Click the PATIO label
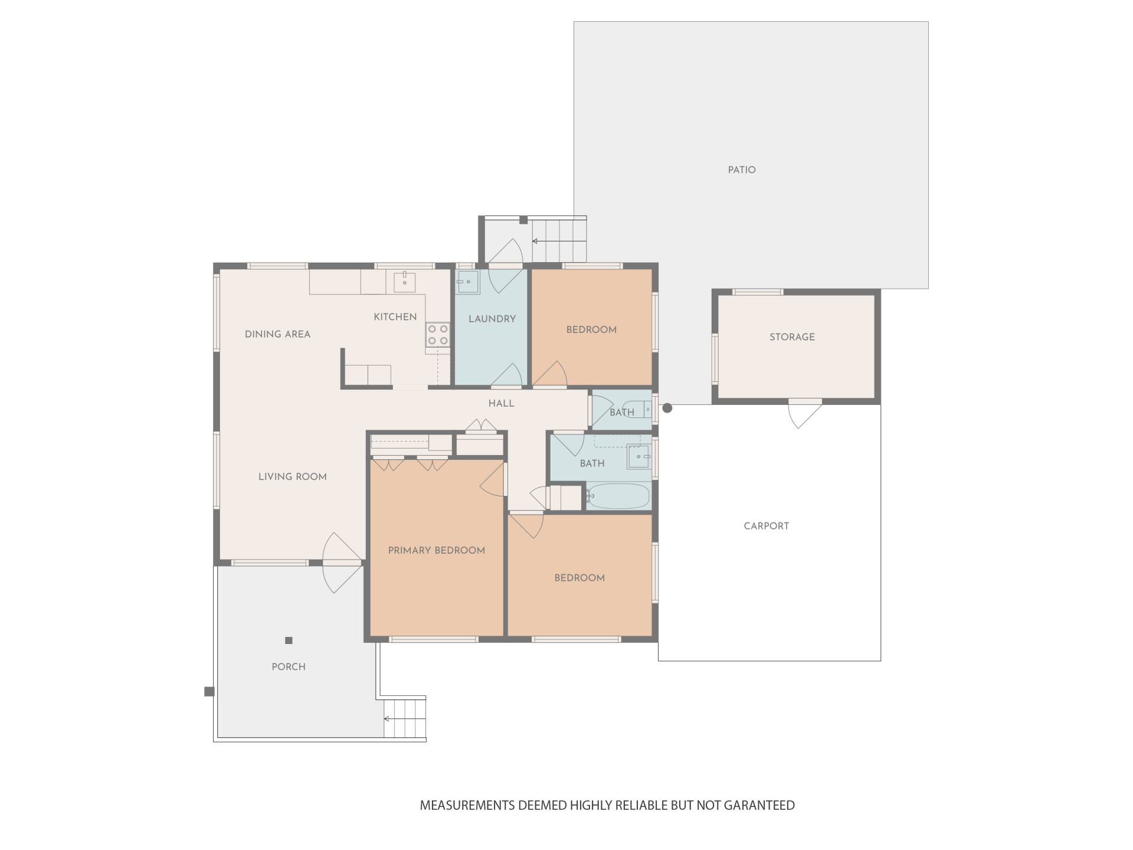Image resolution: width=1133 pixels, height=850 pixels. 742,170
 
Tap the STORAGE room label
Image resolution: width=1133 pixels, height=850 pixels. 792,337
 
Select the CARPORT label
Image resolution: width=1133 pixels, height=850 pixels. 766,526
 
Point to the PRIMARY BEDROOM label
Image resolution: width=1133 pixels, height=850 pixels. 436,550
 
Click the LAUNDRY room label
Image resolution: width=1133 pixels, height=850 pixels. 492,319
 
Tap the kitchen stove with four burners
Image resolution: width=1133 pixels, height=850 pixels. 438,335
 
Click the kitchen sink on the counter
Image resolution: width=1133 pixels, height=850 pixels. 405,283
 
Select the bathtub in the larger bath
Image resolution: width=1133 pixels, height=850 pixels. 618,496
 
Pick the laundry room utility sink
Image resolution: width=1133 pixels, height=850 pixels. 468,282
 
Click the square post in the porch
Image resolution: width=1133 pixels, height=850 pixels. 289,640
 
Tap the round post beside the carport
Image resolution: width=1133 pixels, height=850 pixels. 667,408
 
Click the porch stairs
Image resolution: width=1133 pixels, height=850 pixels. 405,718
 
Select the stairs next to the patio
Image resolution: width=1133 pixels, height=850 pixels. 559,240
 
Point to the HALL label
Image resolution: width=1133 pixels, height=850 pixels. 501,404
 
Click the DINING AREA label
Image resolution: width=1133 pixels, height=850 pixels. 277,334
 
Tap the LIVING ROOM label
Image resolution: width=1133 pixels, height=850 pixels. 292,477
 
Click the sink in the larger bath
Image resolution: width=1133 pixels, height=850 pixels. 638,456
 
